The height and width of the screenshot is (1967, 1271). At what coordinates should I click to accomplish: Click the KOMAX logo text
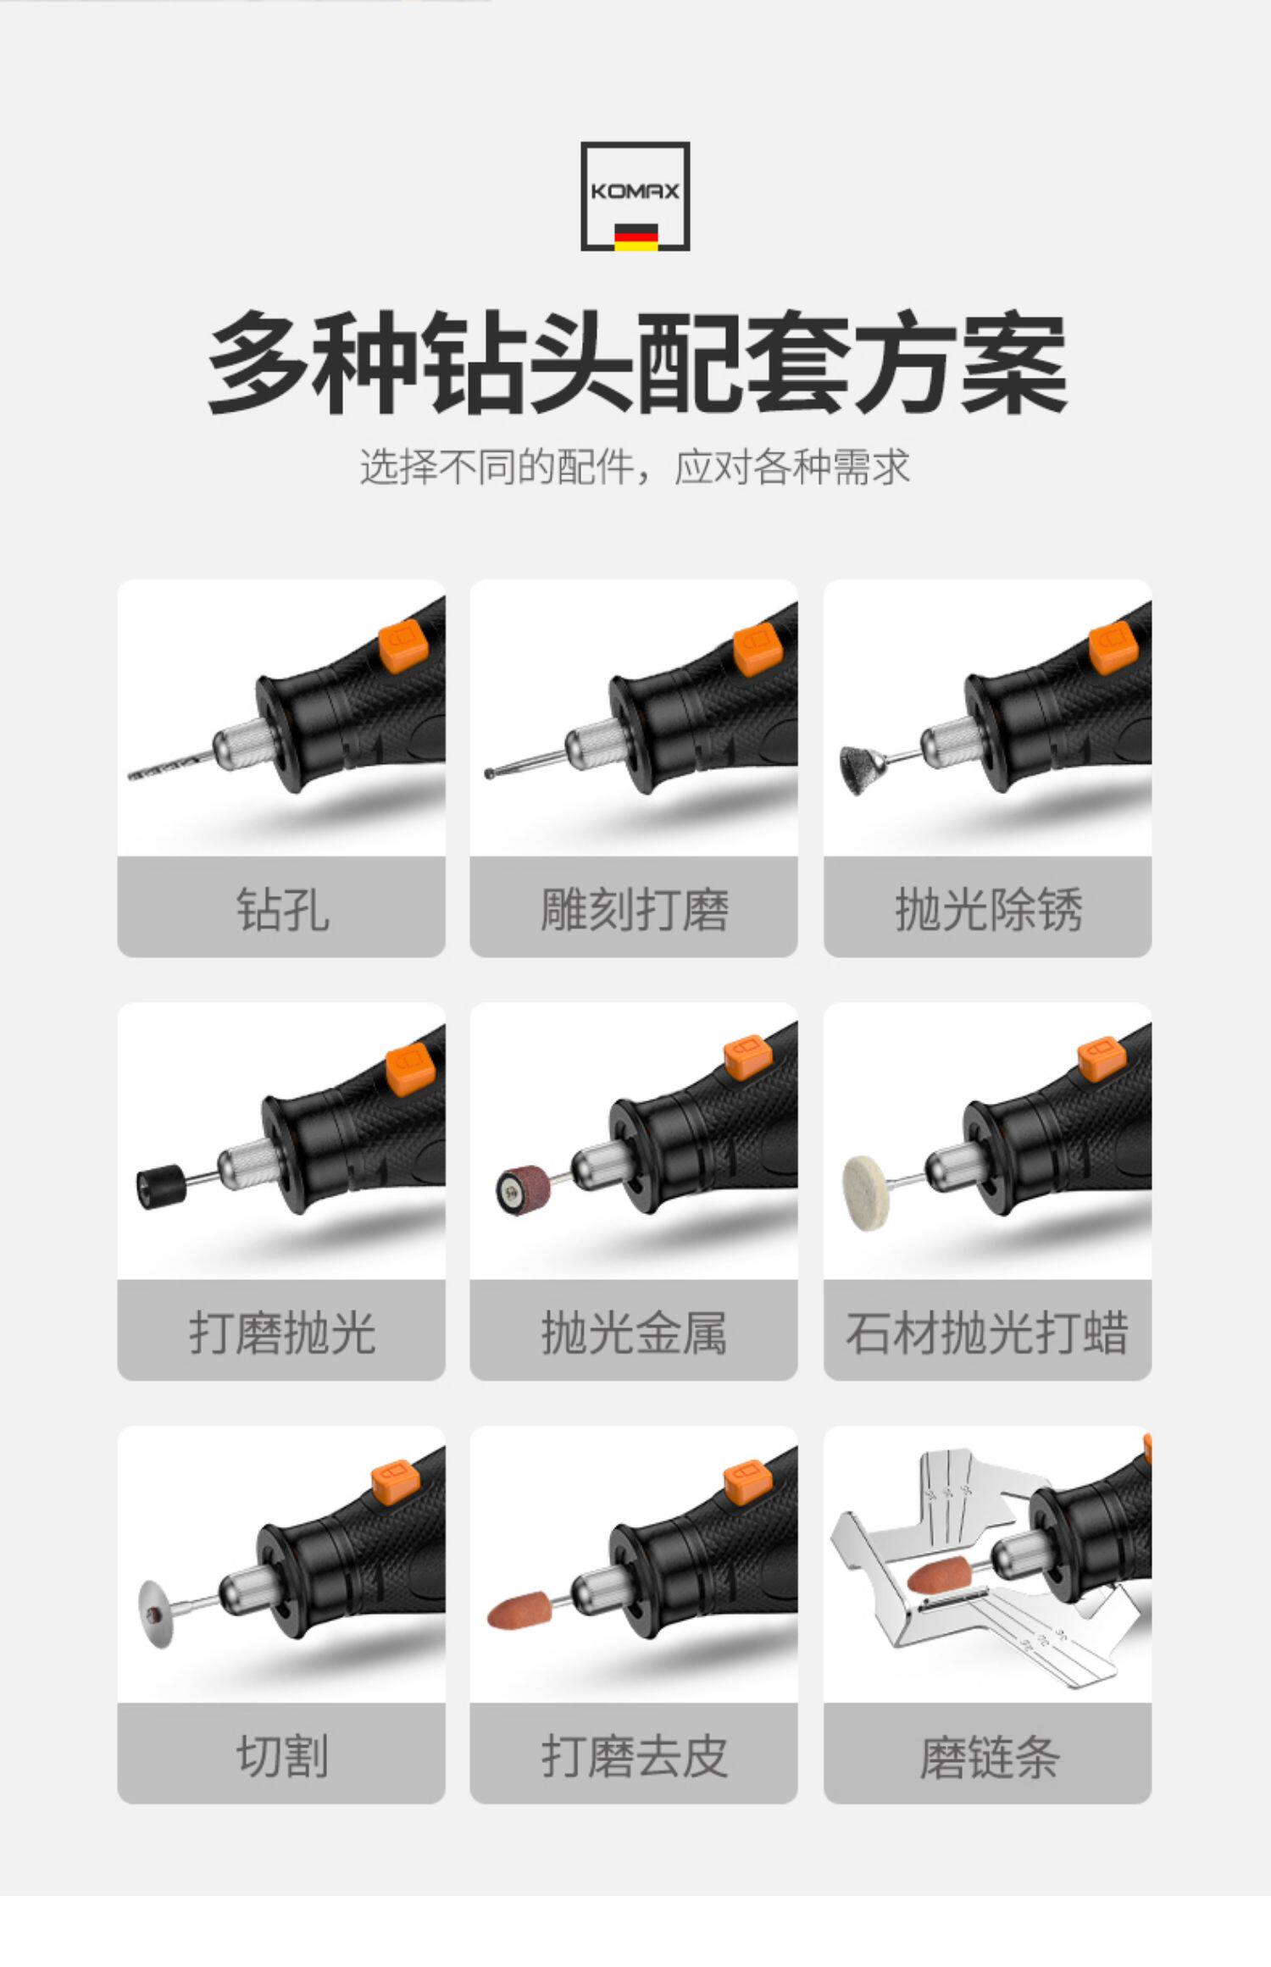(635, 191)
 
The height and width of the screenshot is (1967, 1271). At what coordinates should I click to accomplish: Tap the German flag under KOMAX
(635, 236)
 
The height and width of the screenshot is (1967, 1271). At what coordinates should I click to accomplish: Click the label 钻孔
(282, 911)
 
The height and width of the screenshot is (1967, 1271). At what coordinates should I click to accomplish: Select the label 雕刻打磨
(635, 911)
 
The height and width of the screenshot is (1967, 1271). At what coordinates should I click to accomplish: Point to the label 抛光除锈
(988, 911)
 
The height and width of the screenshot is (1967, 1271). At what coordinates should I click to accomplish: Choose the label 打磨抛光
(282, 1333)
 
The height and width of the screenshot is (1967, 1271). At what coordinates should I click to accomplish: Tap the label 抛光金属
(635, 1333)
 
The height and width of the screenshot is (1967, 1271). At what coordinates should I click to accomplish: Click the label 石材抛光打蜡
(987, 1333)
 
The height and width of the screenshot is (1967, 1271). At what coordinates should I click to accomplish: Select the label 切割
(282, 1757)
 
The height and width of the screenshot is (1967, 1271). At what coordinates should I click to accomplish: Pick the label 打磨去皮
(635, 1757)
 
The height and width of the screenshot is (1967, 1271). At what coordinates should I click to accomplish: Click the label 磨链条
(989, 1757)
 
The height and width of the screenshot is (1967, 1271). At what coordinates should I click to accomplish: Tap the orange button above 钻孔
(404, 647)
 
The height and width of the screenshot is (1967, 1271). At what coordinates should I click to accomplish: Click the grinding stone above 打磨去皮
(519, 1612)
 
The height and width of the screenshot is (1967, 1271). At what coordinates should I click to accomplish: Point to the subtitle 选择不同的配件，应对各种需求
(635, 467)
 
